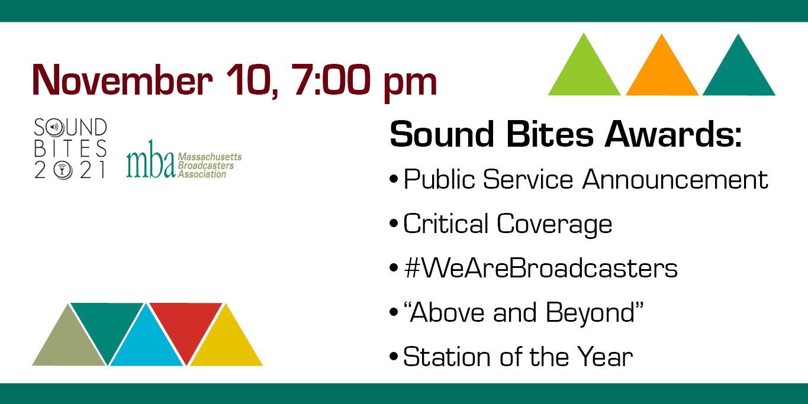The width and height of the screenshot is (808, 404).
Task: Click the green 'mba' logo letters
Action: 150,160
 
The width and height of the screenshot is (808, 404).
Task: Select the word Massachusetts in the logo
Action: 210,157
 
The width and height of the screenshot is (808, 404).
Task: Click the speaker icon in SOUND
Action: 55,127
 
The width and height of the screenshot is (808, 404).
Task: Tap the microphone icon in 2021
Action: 62,170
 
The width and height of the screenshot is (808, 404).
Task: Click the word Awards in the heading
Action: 673,134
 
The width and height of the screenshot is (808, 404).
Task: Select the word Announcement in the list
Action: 675,179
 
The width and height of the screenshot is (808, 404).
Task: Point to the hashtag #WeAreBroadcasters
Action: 541,268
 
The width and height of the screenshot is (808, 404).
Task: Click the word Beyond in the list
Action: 594,313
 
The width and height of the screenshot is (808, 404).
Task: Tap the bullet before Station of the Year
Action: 394,357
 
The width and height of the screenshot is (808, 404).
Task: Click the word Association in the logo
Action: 202,174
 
